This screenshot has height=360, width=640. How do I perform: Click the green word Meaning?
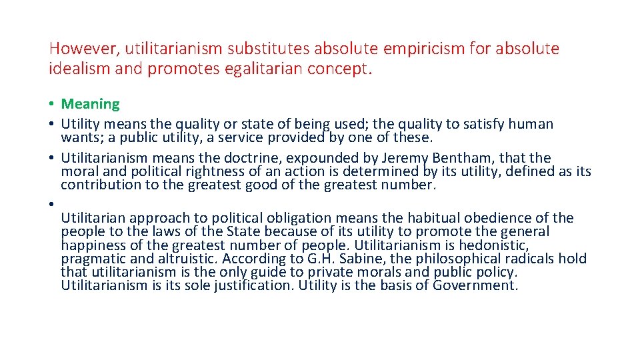(90, 104)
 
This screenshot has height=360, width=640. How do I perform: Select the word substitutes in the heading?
(269, 49)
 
